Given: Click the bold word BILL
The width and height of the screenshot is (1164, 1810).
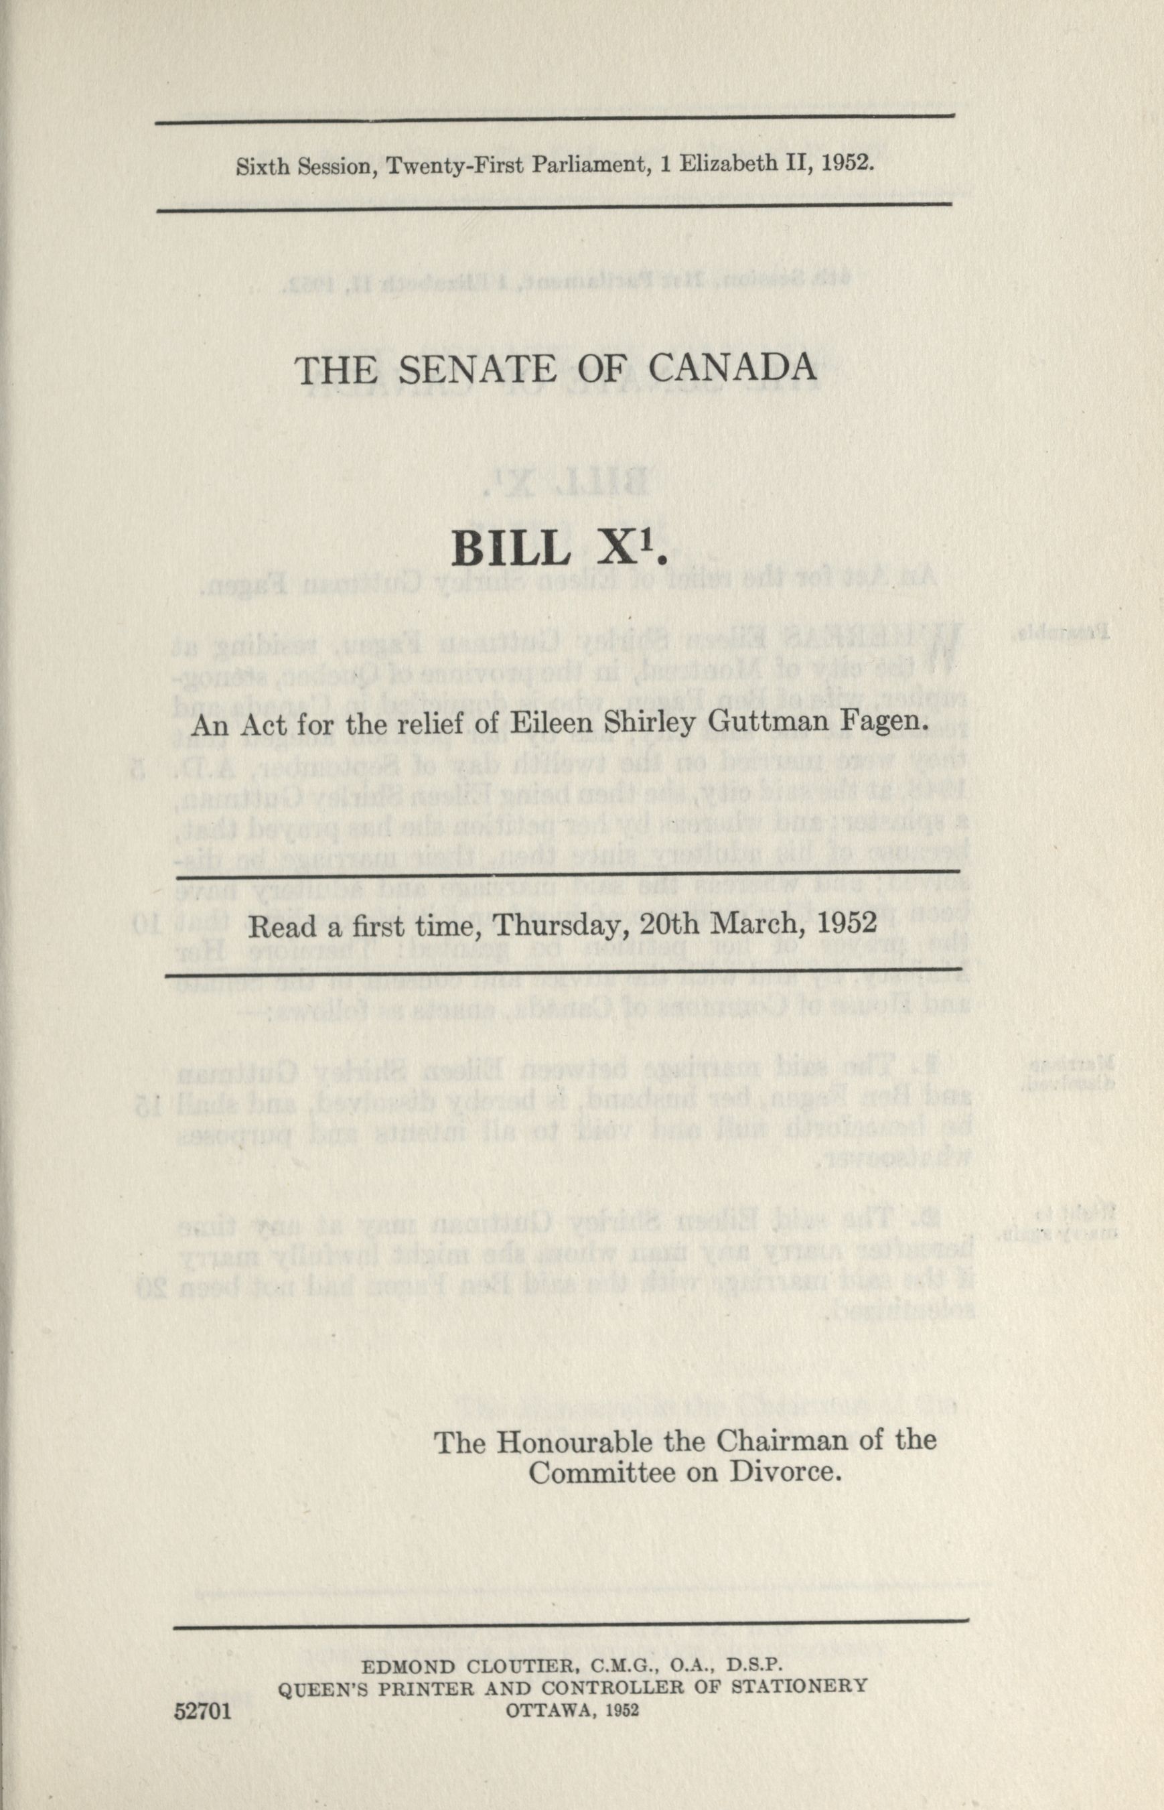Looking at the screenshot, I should pyautogui.click(x=511, y=551).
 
